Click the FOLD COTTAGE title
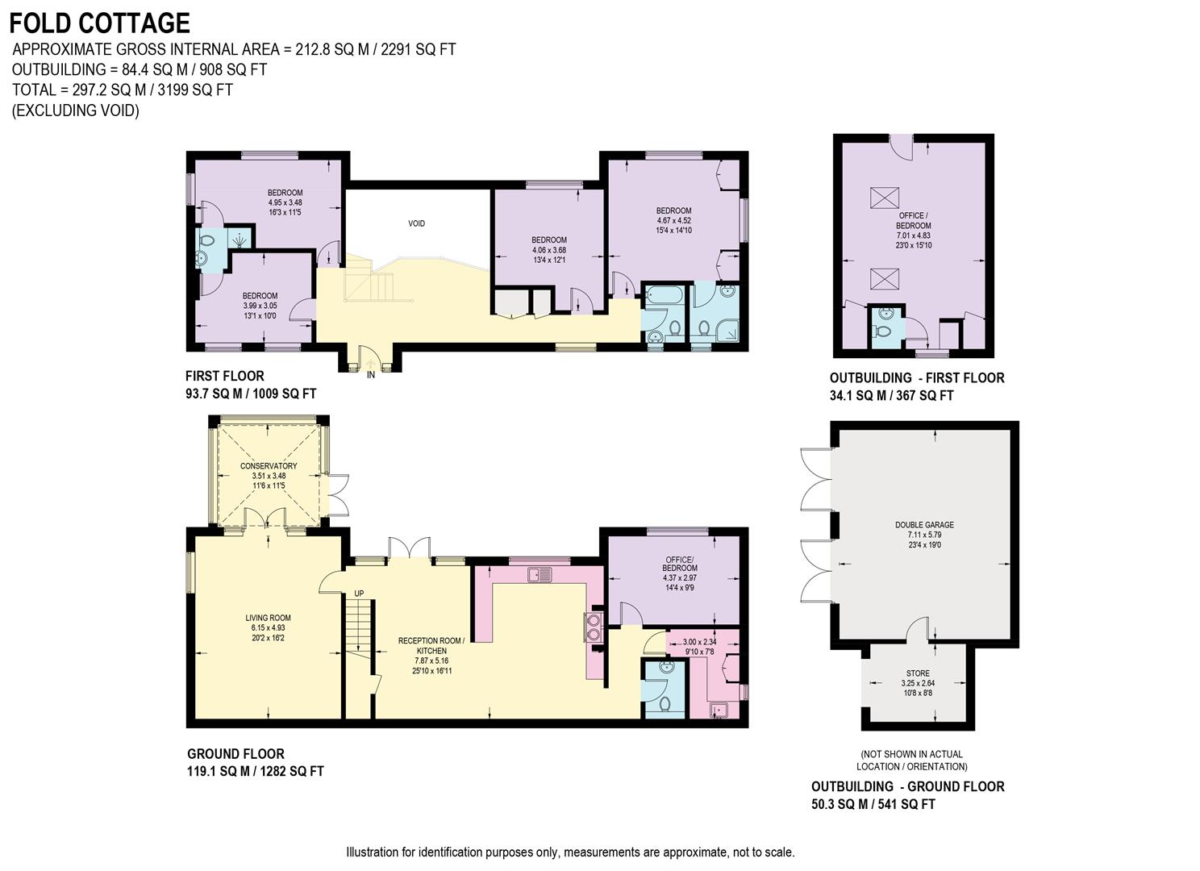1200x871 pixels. click(x=100, y=23)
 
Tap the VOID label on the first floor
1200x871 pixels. click(x=416, y=223)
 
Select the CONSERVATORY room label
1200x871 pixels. click(x=269, y=466)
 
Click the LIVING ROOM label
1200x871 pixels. click(x=268, y=618)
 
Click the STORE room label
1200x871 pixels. click(x=918, y=673)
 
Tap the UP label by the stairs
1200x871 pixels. click(x=359, y=594)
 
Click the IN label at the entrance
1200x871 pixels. click(x=371, y=376)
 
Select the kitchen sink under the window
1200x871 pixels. click(x=540, y=575)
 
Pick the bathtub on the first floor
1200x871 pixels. click(x=663, y=294)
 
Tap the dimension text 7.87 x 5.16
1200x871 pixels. click(x=431, y=661)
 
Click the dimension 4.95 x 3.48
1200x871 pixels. click(x=285, y=202)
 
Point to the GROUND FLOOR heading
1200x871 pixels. click(x=235, y=754)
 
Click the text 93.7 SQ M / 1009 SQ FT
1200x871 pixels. click(x=251, y=394)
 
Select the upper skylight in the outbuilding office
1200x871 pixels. click(x=884, y=198)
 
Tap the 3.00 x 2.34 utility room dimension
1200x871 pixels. click(x=699, y=642)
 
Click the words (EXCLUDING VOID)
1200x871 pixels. click(x=76, y=110)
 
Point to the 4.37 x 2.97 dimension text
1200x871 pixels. click(x=680, y=578)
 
